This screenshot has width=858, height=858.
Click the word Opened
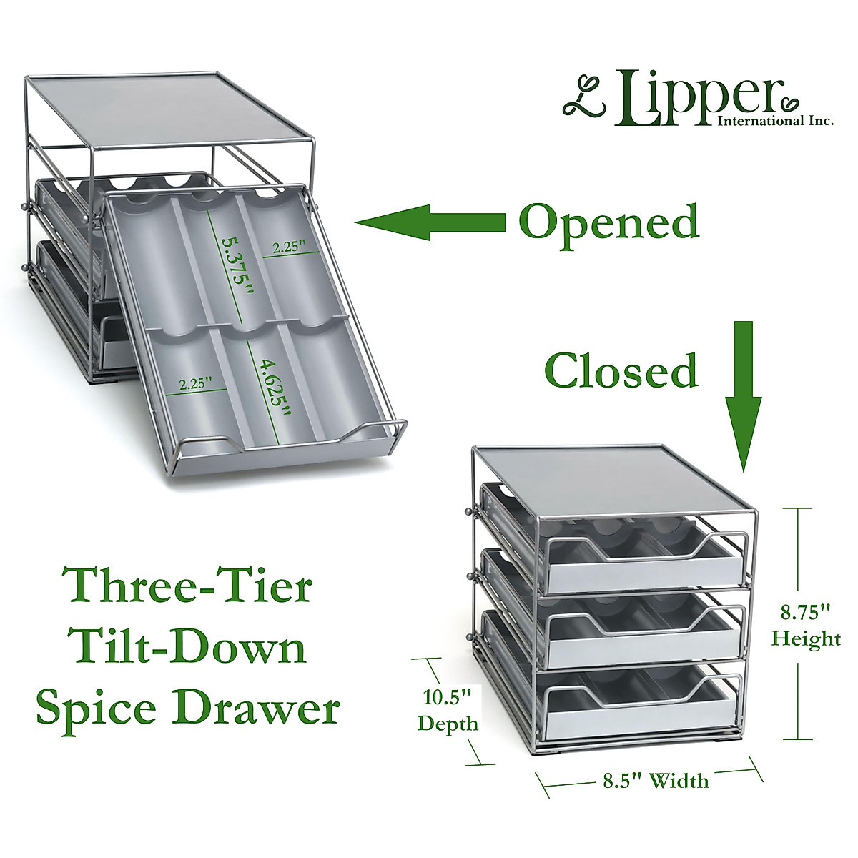608,222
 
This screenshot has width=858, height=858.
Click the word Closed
621,370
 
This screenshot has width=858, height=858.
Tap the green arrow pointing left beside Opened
429,222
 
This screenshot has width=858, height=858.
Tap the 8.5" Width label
651,779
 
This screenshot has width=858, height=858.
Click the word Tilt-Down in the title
189,648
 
